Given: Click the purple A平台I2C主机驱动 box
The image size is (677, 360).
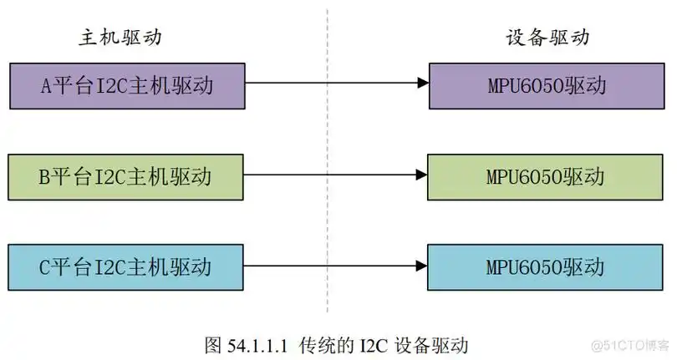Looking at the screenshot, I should (x=127, y=85).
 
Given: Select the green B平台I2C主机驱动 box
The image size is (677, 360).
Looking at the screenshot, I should (x=127, y=176).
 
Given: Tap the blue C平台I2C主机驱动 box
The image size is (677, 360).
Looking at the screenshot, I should (x=127, y=267).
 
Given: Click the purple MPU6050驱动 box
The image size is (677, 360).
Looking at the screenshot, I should (x=546, y=85).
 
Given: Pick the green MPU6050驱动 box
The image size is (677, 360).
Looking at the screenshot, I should (x=546, y=176).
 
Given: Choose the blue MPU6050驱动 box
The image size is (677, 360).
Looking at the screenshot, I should (x=546, y=267).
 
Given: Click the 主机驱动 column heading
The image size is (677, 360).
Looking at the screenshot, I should (x=120, y=38).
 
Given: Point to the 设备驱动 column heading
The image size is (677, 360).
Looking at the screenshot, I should (x=547, y=38).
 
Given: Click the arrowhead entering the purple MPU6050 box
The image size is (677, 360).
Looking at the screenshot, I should (x=423, y=84).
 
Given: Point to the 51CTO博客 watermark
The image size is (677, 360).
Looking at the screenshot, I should (x=631, y=344).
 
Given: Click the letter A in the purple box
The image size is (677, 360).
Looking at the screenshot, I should (x=47, y=85).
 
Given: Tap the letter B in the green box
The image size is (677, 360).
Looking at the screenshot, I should (x=46, y=176).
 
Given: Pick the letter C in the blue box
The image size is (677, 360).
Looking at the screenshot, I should (x=46, y=267).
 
